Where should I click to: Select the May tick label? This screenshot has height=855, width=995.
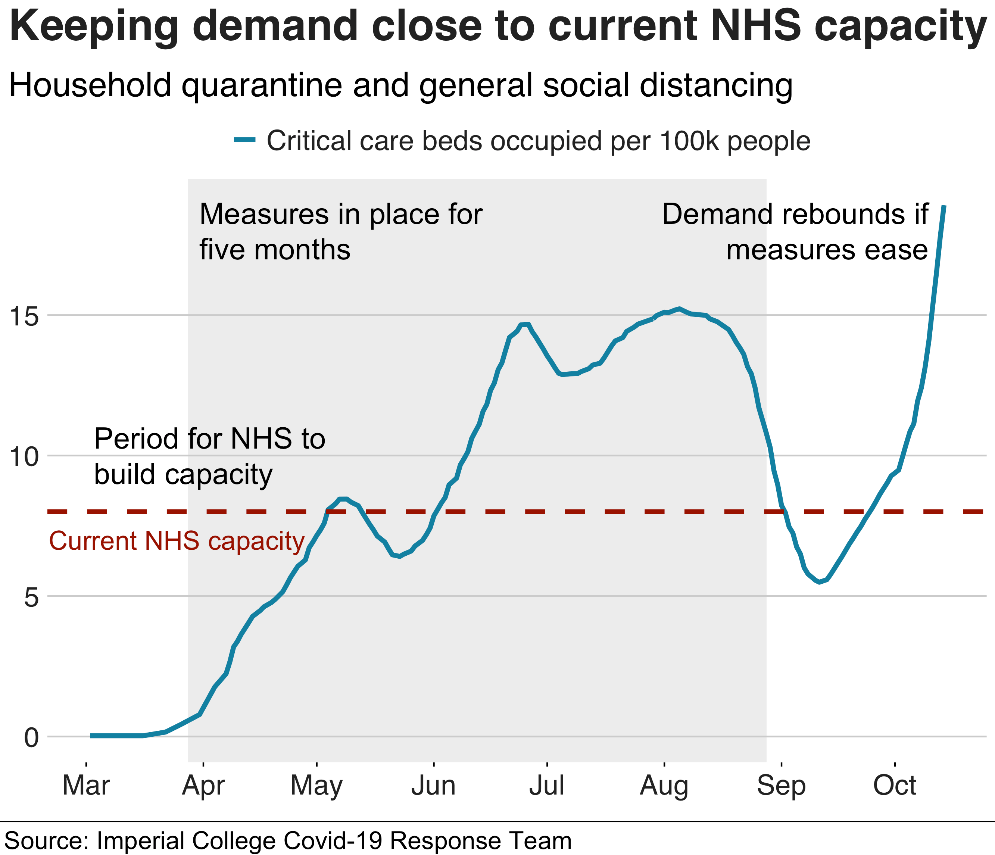(316, 786)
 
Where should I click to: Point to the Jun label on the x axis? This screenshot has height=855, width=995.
(433, 786)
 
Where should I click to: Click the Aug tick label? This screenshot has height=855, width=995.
(664, 786)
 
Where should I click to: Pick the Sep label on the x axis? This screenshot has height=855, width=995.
(781, 786)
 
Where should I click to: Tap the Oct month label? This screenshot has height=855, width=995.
(894, 786)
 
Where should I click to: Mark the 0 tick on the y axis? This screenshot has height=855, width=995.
(31, 737)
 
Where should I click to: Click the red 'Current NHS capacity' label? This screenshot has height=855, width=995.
(177, 541)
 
